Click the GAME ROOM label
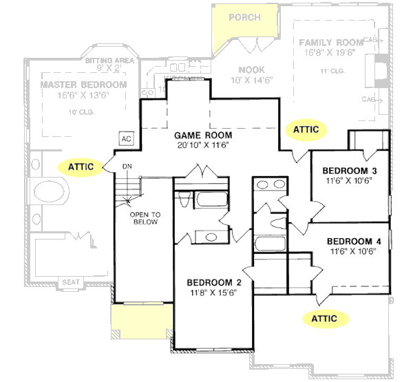point(202,136)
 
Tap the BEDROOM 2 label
point(213,282)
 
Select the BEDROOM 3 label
point(349,170)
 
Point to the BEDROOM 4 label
point(353,241)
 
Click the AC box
point(126,138)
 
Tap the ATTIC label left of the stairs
point(81,166)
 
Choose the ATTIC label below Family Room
point(306,129)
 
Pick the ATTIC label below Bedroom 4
point(324,318)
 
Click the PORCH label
point(244,17)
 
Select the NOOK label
point(252,70)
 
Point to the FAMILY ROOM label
point(330,43)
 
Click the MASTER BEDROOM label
point(83,85)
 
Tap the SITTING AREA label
point(107,61)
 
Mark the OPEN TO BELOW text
point(145,217)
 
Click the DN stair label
point(127,167)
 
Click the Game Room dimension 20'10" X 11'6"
point(202,145)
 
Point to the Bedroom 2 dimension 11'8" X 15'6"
point(213,292)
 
